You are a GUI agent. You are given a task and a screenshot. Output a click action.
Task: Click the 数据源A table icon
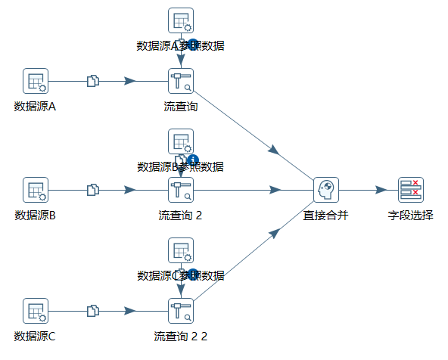36,81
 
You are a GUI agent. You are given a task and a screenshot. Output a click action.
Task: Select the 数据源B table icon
36,190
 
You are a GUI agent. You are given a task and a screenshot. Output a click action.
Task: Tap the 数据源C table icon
36,311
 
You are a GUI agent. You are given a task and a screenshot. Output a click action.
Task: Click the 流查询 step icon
181,81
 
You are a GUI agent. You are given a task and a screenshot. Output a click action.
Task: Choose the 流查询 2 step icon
181,190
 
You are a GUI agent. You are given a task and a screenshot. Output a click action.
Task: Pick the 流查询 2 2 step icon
181,311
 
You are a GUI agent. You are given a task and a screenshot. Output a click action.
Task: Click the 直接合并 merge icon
326,190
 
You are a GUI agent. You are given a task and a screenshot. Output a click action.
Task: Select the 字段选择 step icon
411,190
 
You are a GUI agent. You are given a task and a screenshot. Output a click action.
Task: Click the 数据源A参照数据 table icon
181,20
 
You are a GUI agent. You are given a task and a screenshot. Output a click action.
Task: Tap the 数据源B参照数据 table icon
181,141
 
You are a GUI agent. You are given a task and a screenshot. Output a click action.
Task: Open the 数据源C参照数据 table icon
181,250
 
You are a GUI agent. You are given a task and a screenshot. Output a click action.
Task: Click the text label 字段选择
411,215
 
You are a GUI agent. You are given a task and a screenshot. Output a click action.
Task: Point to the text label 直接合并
326,215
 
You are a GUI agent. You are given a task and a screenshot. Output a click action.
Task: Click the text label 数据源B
36,215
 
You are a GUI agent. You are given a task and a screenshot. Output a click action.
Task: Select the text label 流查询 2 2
181,336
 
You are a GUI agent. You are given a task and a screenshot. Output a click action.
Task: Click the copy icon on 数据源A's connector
93,81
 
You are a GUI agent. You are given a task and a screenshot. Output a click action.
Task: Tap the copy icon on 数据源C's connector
93,311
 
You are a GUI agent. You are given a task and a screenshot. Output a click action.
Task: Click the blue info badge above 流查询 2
193,160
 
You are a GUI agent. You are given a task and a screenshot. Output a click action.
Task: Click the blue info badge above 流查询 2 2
193,274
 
